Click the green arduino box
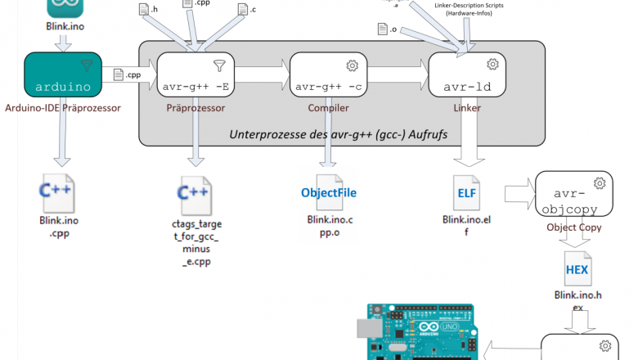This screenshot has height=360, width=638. coord(62,76)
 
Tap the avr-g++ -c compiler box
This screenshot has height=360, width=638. coord(327,76)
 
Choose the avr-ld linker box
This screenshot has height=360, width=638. coord(467,76)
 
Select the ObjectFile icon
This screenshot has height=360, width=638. coord(329,192)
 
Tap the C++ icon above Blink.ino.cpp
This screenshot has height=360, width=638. coord(58,192)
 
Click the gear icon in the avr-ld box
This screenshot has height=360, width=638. coord(492,64)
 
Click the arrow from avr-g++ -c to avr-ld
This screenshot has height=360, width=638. coord(396,77)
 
